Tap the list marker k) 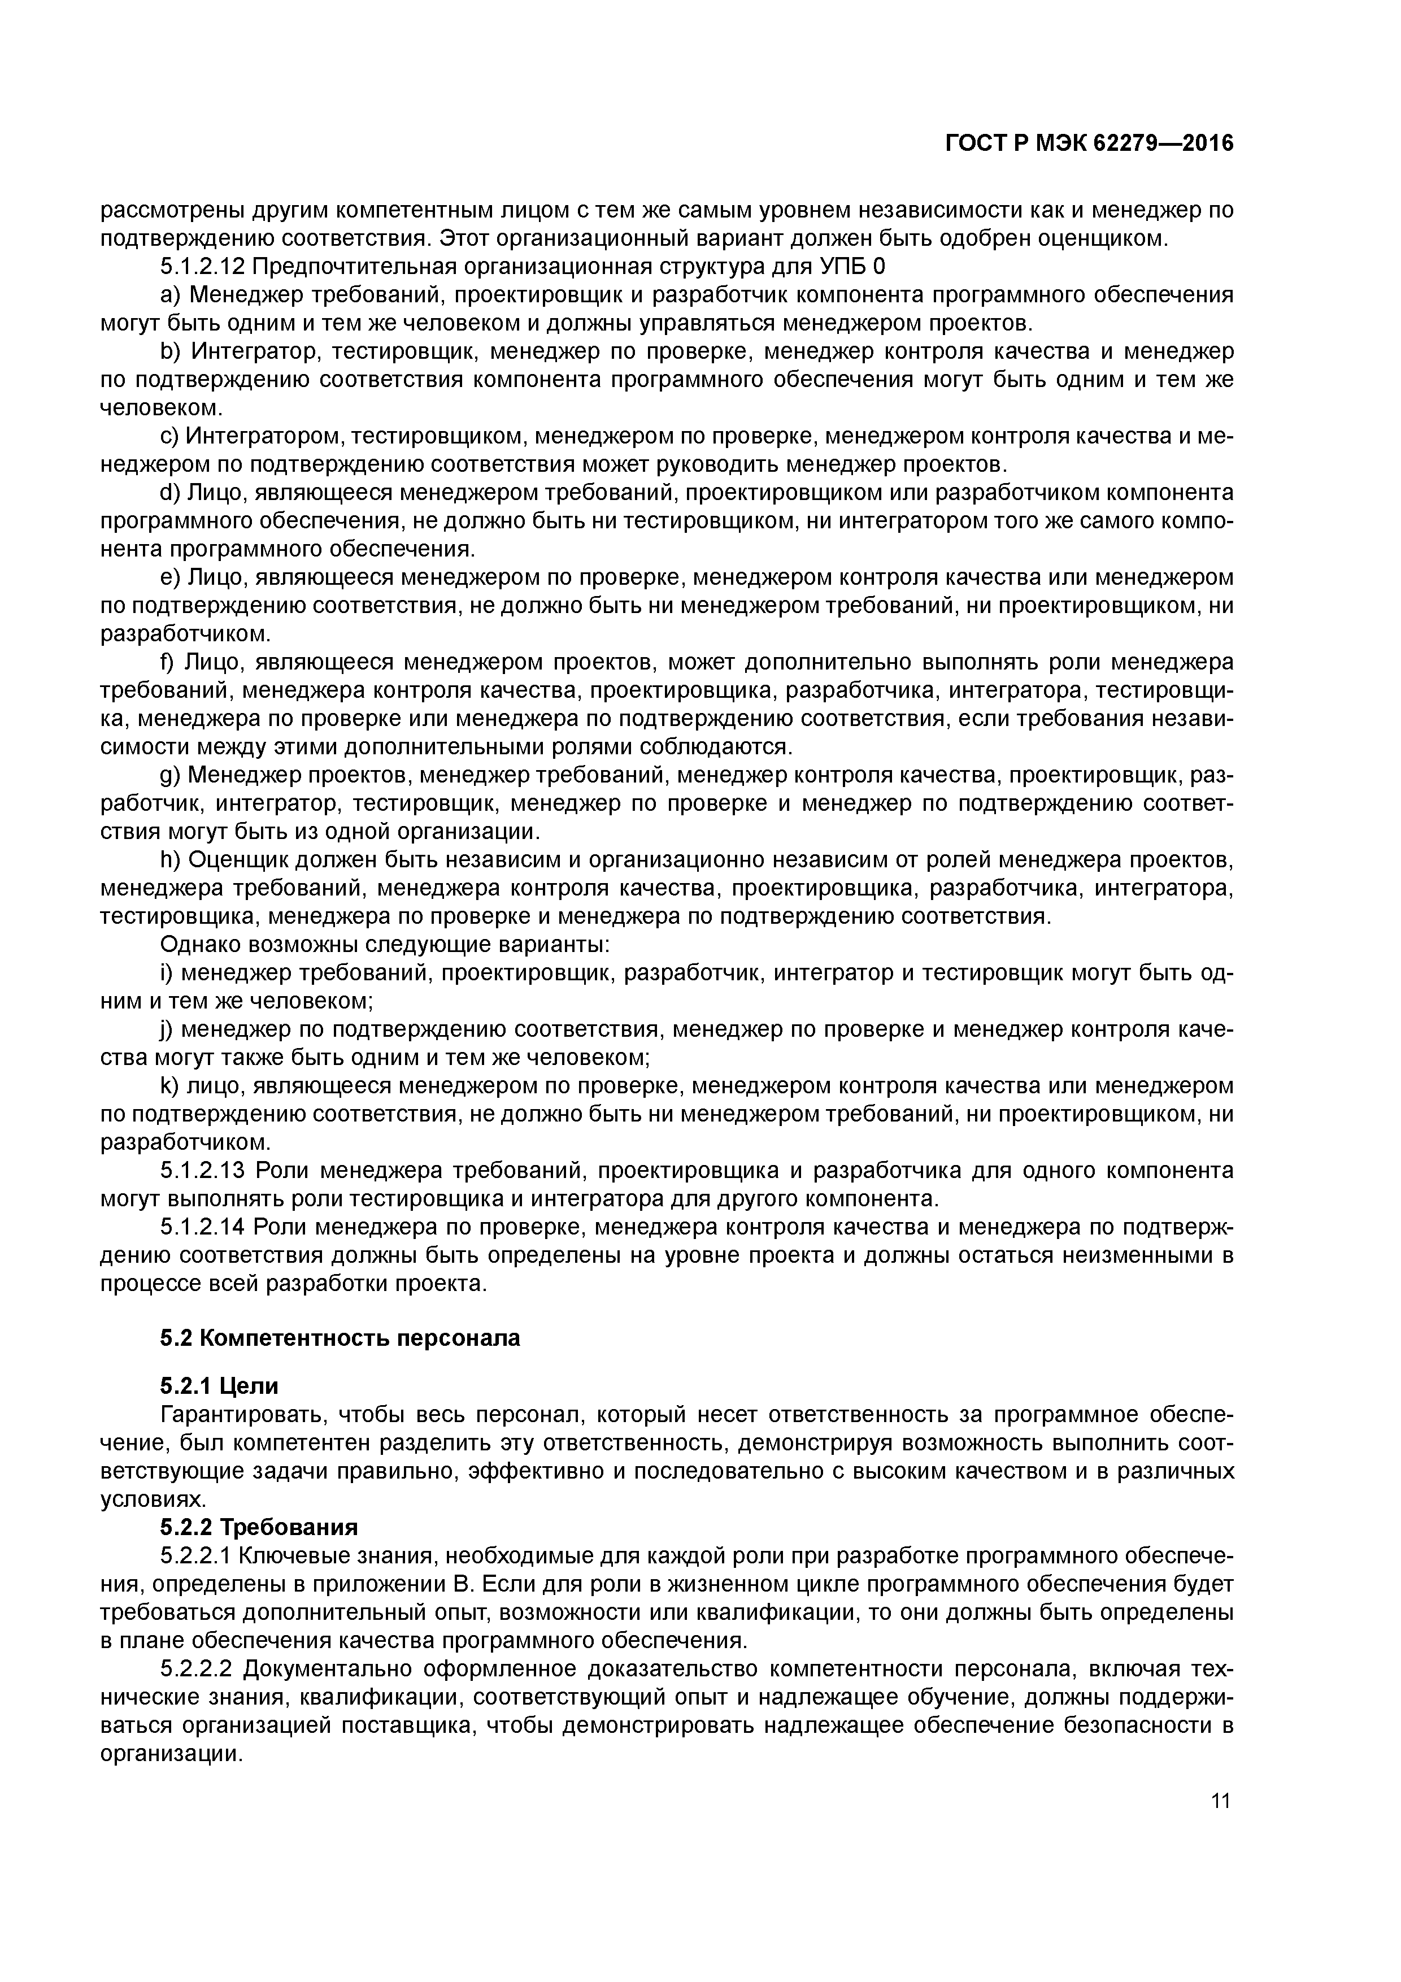170,1085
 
